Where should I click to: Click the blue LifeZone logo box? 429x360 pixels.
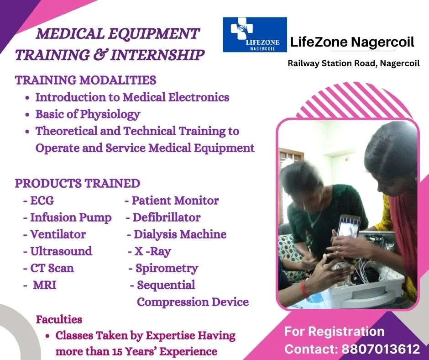coord(255,35)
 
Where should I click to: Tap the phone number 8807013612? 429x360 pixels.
coord(381,349)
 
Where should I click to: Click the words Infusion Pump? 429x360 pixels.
coord(71,218)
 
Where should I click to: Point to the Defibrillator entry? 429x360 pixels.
coord(167,217)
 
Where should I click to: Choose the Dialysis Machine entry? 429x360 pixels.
coord(180,234)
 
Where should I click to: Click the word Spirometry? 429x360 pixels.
coord(167,269)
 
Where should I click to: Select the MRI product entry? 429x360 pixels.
coord(45,285)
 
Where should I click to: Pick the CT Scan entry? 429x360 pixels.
coord(52,268)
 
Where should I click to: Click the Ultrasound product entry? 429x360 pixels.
coord(61,251)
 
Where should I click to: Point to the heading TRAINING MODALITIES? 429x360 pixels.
coord(86,80)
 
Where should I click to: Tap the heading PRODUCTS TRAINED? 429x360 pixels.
coord(78,184)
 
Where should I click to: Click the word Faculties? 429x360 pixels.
coord(59,319)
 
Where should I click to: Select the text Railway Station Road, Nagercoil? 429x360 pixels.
coord(354,64)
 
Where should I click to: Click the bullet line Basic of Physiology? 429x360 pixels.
coord(88,114)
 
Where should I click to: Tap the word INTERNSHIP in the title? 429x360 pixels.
coord(157,55)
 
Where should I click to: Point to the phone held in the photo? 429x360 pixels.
coord(349,227)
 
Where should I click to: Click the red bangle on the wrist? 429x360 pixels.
coord(303,289)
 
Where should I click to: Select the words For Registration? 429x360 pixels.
coord(335,331)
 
